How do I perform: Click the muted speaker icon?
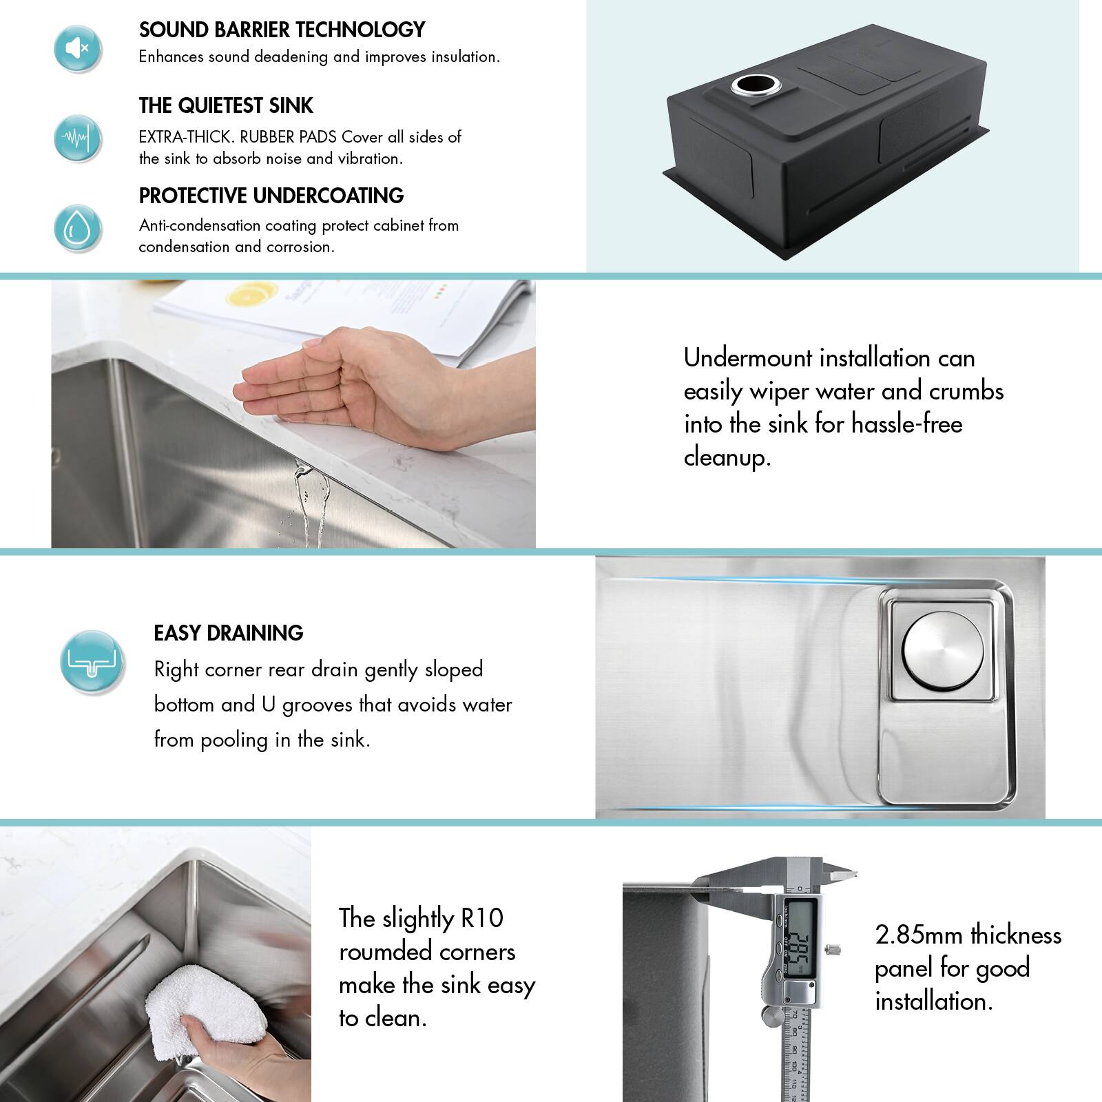point(78,48)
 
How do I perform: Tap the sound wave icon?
point(78,138)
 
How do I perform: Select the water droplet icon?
point(78,228)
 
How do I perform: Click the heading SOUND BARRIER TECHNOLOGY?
point(282,30)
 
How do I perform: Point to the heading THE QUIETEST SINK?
point(226,105)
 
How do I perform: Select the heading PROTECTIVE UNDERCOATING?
point(271,196)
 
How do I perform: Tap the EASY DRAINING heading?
point(228,633)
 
